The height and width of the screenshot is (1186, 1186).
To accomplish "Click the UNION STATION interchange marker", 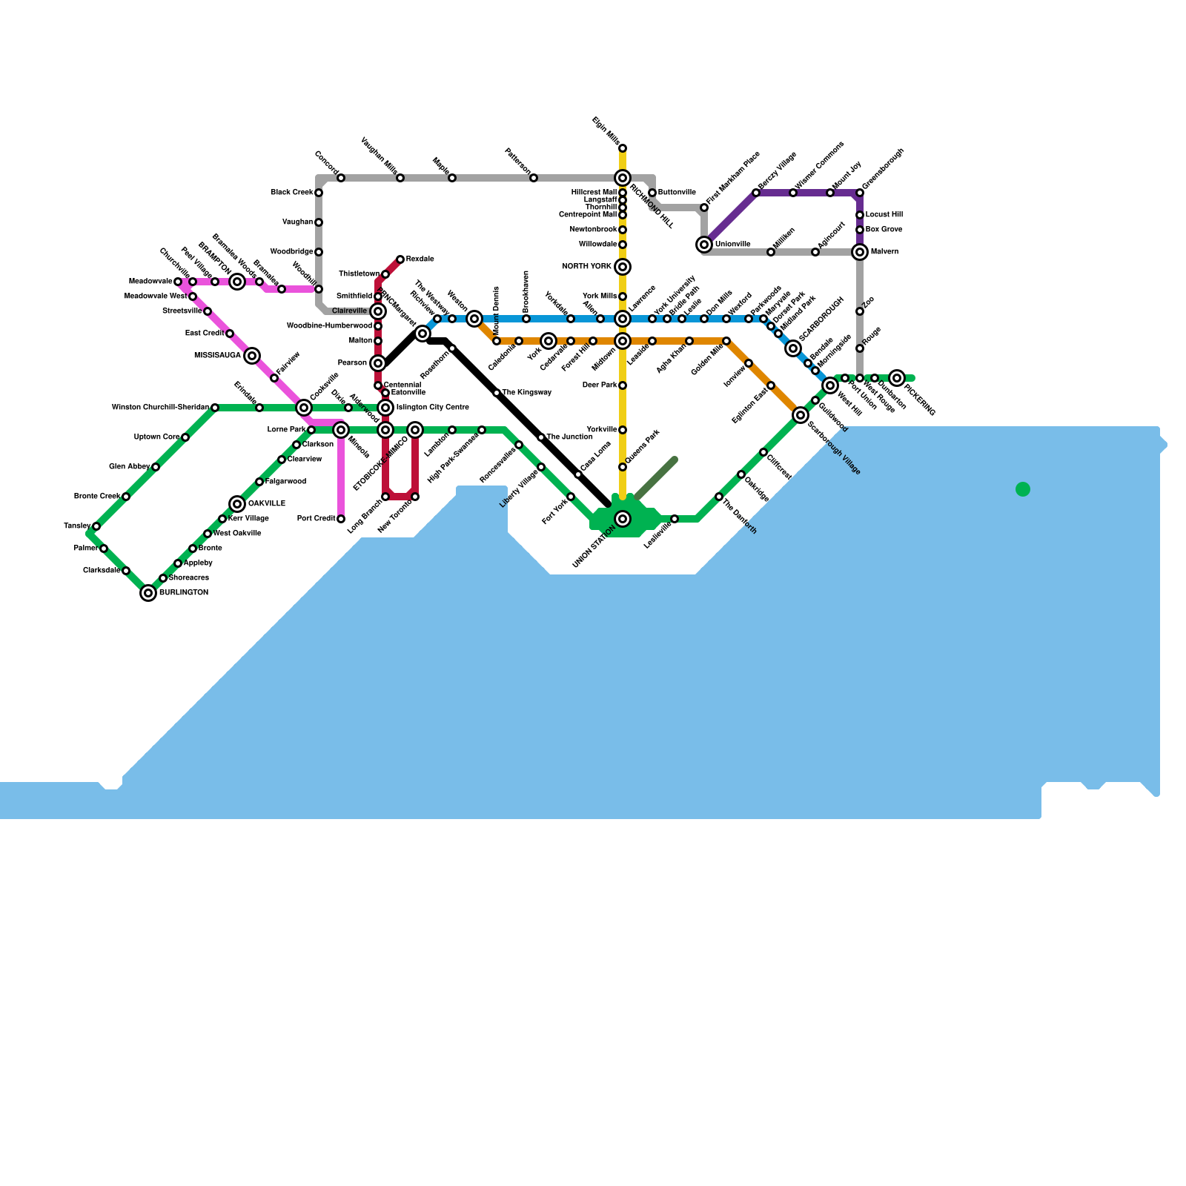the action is [x=623, y=519].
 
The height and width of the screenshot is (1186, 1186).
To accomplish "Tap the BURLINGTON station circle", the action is [x=148, y=593].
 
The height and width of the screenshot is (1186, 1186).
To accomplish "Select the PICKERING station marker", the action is [x=897, y=378].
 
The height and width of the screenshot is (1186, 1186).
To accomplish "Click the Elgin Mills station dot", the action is [x=623, y=148].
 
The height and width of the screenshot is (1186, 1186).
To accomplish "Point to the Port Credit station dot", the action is [x=341, y=519].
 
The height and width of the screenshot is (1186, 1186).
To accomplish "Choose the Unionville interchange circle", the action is [x=704, y=245].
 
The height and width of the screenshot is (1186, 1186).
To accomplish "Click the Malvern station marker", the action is [x=860, y=252].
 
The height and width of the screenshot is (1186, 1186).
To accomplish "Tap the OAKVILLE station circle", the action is [x=237, y=504].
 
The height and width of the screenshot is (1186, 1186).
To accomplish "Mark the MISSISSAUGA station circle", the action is [x=252, y=356].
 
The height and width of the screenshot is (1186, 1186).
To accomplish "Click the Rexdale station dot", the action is [x=400, y=259].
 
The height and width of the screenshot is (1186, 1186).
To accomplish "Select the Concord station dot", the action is [x=341, y=178].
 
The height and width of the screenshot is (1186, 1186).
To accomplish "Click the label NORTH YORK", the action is [x=587, y=267].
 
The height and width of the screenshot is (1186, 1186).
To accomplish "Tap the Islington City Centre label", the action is [x=432, y=408].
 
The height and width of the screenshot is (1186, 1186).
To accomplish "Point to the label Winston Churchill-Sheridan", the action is [x=160, y=408].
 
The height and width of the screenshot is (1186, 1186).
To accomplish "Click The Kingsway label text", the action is [x=527, y=393].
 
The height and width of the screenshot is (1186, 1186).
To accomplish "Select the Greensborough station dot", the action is [x=860, y=193].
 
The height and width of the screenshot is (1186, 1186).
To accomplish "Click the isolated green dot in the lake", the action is [x=1023, y=489].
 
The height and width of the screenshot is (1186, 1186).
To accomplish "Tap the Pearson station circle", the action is [x=378, y=363].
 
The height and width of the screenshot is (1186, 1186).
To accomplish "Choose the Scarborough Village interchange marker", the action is [x=801, y=415].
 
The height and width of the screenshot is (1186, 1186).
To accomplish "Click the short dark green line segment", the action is [x=656, y=479].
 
